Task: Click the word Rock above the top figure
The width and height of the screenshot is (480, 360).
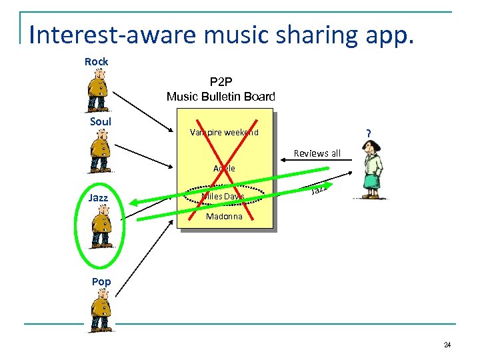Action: [96, 61]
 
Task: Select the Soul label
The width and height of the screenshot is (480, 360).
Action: [101, 121]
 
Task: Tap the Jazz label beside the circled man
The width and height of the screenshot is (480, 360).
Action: [99, 197]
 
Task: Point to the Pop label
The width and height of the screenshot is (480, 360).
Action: [101, 281]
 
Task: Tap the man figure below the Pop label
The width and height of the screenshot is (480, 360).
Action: [101, 311]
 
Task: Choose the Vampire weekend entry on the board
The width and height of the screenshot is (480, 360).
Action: [224, 132]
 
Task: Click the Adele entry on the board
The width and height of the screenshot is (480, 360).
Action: [224, 168]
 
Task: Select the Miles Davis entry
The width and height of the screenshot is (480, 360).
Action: [223, 196]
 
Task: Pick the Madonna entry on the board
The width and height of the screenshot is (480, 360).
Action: [224, 217]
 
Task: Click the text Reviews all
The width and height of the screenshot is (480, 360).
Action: [317, 153]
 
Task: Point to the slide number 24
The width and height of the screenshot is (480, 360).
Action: [447, 345]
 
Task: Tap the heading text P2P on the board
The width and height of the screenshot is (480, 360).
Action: [221, 82]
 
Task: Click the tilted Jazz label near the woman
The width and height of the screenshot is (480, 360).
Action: [319, 191]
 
